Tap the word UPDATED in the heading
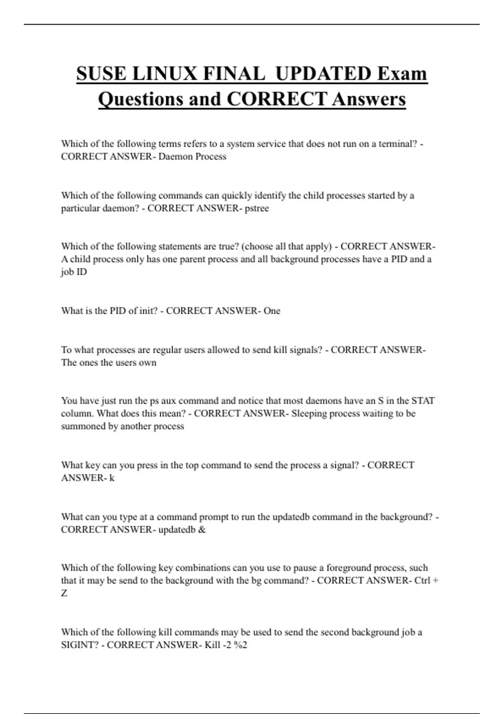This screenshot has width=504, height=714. [323, 74]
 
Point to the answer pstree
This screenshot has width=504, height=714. [257, 208]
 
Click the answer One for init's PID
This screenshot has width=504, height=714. [272, 311]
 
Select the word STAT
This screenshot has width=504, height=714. [423, 401]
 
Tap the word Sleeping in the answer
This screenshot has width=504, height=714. [309, 414]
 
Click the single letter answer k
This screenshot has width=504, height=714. [112, 478]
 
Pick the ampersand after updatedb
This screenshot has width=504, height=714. [202, 530]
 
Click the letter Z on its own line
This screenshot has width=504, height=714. [64, 593]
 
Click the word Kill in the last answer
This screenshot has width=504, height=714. [212, 645]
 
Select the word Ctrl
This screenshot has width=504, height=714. [422, 580]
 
